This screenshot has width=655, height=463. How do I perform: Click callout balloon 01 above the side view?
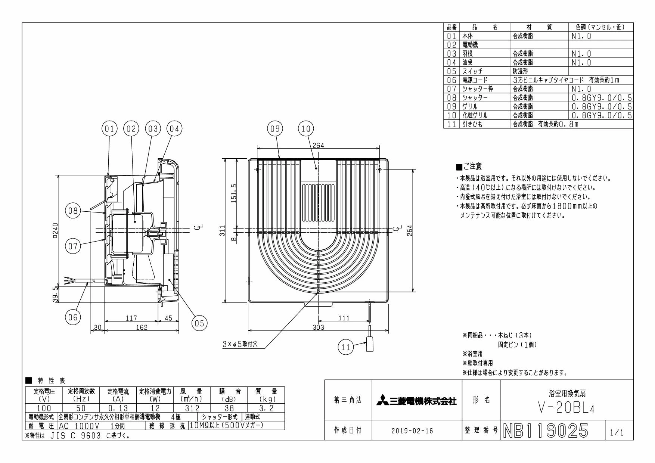coord(109,129)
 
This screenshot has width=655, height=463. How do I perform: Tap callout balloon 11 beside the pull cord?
coord(345,347)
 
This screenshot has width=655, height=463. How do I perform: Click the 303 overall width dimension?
coord(319,327)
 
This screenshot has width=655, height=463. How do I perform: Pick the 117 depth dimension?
coord(131,318)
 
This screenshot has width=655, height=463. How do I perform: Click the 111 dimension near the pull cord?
coord(344,318)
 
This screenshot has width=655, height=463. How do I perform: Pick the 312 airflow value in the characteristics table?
coord(192,409)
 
